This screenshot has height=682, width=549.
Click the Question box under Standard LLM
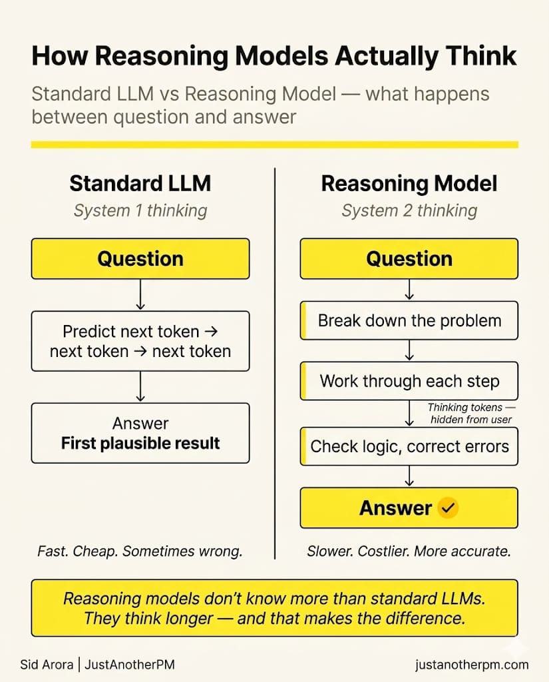pos(140,259)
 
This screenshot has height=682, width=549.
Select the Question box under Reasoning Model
pos(409,259)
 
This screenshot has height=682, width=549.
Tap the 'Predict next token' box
pos(140,341)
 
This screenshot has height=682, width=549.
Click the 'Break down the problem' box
pos(409,320)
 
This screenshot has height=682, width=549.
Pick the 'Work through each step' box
pos(409,381)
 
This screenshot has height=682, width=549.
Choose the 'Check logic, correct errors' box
pos(409,446)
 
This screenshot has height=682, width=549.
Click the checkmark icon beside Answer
pos(448,509)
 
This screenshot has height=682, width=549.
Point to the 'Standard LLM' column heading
pos(140,184)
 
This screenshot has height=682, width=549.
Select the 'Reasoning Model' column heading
pos(409,184)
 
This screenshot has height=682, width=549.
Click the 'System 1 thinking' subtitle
pos(140,211)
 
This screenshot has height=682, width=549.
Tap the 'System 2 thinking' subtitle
pos(409,211)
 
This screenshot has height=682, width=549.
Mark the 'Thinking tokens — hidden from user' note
pos(471,413)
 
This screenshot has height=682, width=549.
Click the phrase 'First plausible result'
pos(140,443)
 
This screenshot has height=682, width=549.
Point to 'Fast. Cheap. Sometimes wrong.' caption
pos(140,551)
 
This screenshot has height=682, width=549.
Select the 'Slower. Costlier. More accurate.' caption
pos(409,551)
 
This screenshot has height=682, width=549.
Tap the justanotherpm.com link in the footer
pos(470,664)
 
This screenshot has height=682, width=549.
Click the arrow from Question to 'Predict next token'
pos(140,294)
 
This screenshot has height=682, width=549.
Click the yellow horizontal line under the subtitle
pos(274,145)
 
